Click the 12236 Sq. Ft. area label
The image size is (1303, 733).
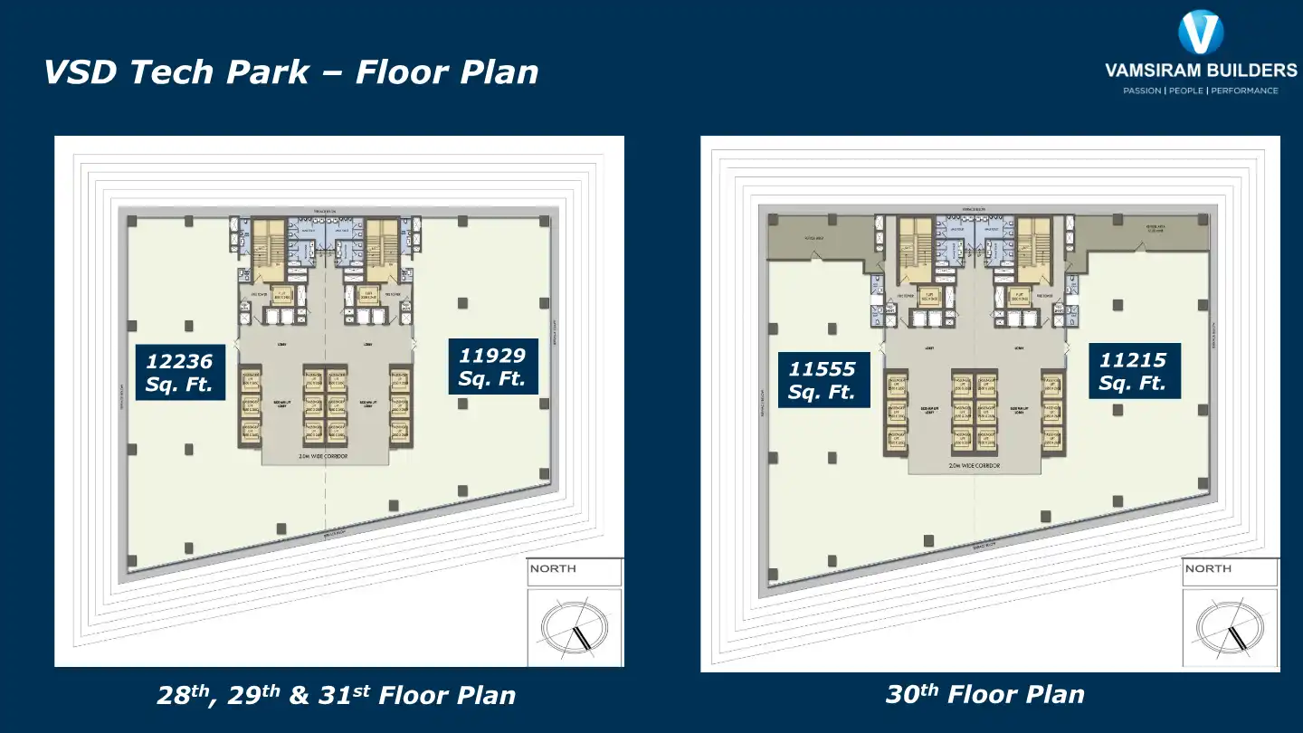coord(179,373)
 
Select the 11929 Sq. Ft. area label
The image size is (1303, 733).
coord(493,366)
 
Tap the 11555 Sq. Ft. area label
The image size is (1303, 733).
coord(823,380)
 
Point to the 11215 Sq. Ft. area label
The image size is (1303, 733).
coord(1134,371)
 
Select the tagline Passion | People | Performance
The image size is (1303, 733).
coord(1201,90)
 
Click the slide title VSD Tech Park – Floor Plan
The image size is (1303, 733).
coord(290,72)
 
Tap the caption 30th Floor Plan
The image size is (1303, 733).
coord(984,694)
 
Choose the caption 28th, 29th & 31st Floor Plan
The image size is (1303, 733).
coord(336,695)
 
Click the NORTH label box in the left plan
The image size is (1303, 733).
coord(575,570)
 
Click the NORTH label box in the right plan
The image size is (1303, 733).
coord(1230,570)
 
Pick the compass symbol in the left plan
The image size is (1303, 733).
coord(574,626)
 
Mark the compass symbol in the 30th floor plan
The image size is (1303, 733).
coord(1229,626)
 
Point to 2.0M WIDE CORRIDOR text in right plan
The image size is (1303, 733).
coord(975,465)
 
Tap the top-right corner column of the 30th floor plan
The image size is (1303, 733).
coord(1203,220)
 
